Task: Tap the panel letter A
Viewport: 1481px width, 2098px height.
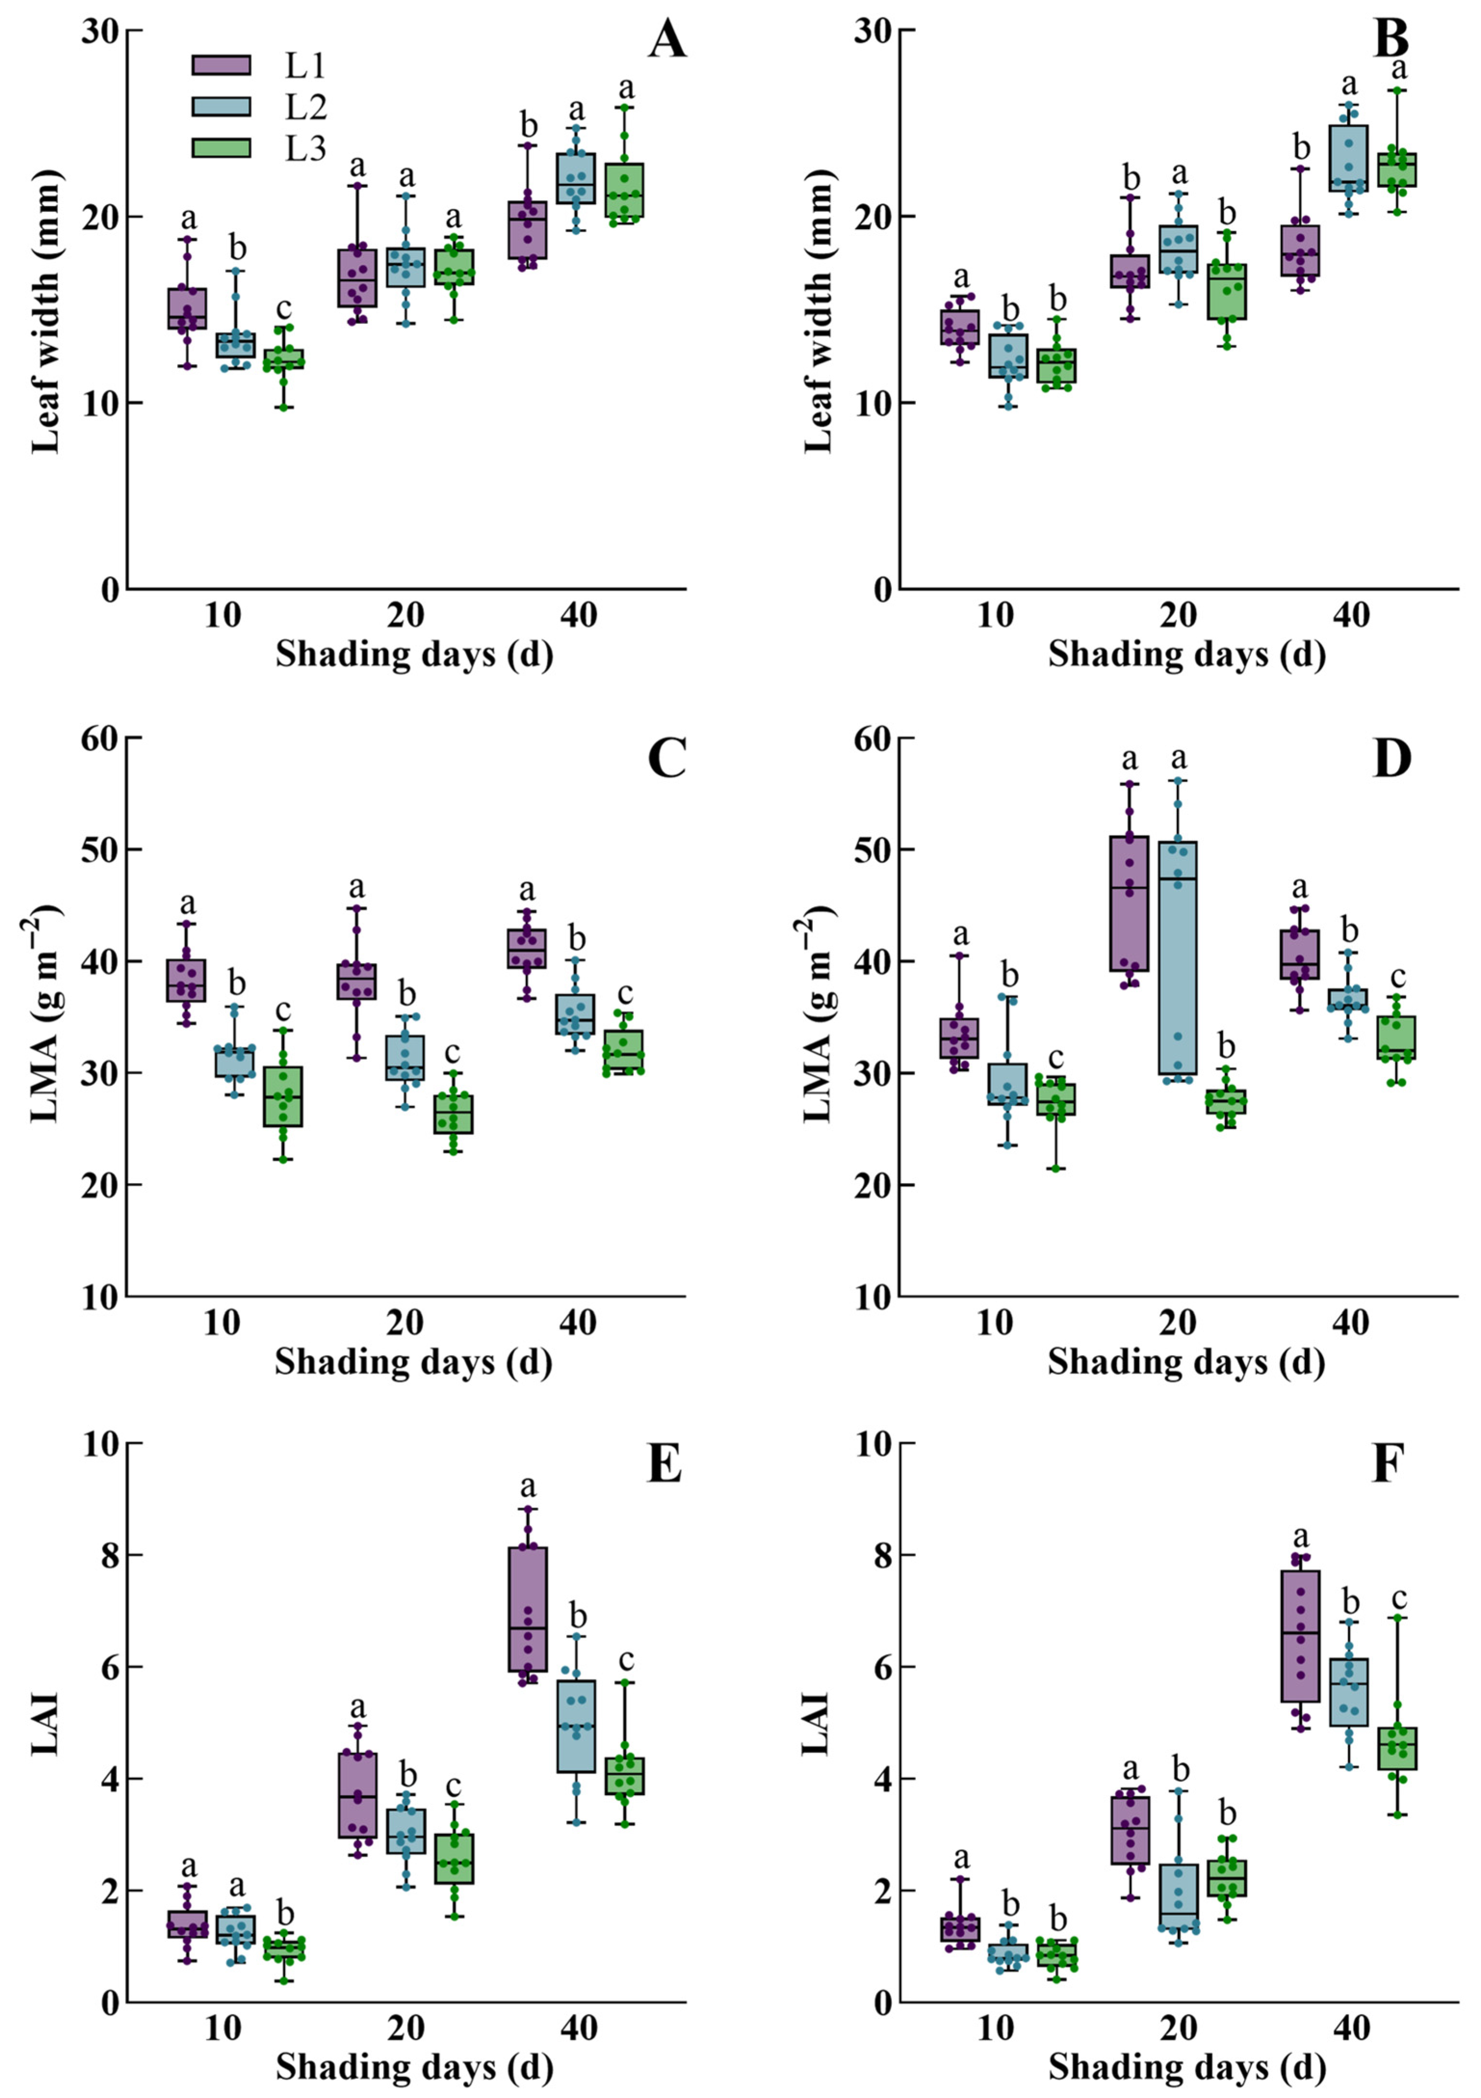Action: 667,41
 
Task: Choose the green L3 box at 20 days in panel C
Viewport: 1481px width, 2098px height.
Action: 454,1114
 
